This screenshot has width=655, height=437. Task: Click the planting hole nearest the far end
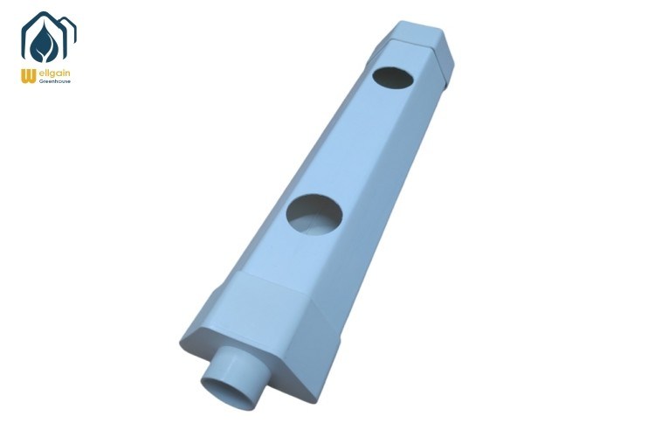click(x=393, y=78)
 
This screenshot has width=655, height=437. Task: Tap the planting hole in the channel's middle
click(x=314, y=215)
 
